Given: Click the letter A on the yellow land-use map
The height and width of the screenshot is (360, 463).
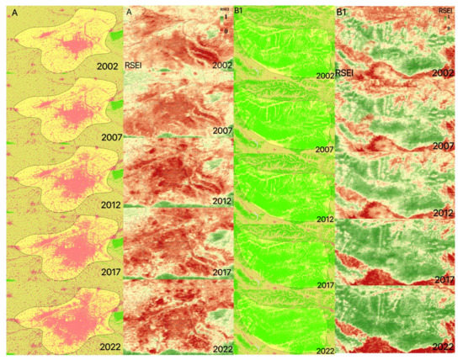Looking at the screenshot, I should point(13,12).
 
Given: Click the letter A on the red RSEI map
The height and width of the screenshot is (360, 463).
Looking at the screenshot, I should point(129,12).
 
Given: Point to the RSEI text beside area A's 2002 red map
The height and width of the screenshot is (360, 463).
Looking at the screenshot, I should point(134,65).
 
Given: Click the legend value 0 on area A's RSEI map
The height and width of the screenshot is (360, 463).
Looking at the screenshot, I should point(225,30).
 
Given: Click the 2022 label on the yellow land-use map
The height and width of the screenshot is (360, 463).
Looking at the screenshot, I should point(107,344).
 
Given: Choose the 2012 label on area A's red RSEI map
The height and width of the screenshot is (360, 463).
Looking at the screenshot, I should point(222,201).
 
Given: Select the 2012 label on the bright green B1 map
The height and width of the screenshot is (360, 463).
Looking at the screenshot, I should point(324,220).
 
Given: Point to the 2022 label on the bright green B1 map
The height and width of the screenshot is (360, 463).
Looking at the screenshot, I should point(324,351).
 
